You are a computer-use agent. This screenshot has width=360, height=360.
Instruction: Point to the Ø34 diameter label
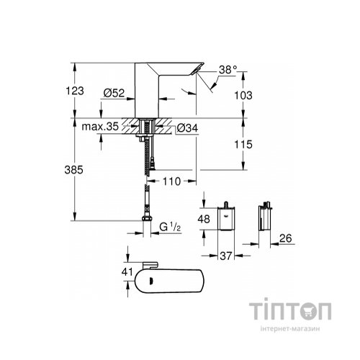point(186,129)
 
